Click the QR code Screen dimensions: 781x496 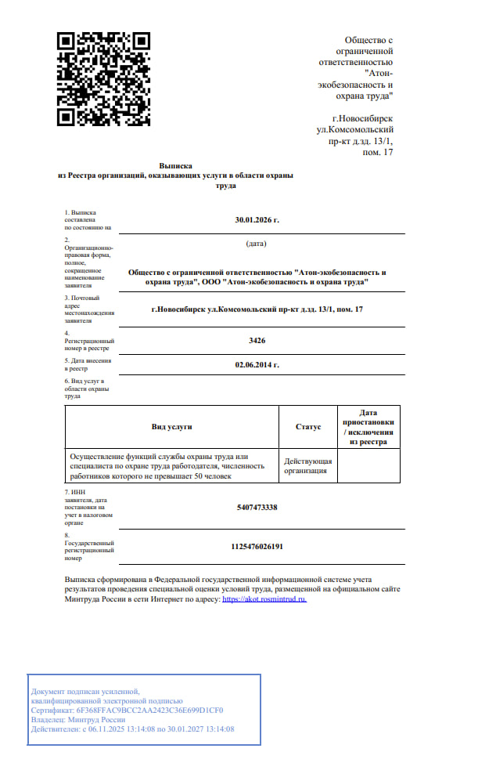click(104, 79)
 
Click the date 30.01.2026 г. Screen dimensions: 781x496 click(257, 220)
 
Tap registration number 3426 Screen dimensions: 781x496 click(257, 341)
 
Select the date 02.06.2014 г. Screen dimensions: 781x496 click(257, 365)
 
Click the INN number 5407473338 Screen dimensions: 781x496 click(257, 508)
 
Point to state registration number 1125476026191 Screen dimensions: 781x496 click(257, 546)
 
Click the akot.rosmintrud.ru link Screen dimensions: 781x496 click(264, 598)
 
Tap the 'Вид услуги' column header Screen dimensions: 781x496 click(171, 427)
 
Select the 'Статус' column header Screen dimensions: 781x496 click(308, 427)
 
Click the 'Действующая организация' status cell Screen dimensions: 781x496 click(307, 467)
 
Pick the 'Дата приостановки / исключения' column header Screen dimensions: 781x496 click(368, 427)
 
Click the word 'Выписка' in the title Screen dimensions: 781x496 click(175, 166)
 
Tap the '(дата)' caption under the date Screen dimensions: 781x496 click(257, 244)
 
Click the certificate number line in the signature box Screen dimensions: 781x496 click(127, 710)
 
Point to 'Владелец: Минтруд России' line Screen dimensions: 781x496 click(78, 720)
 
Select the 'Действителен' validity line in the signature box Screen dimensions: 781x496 click(132, 729)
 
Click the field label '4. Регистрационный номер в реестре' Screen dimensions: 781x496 click(89, 342)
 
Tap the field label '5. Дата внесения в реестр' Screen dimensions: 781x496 click(88, 363)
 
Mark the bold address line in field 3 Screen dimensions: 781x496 click(257, 310)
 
